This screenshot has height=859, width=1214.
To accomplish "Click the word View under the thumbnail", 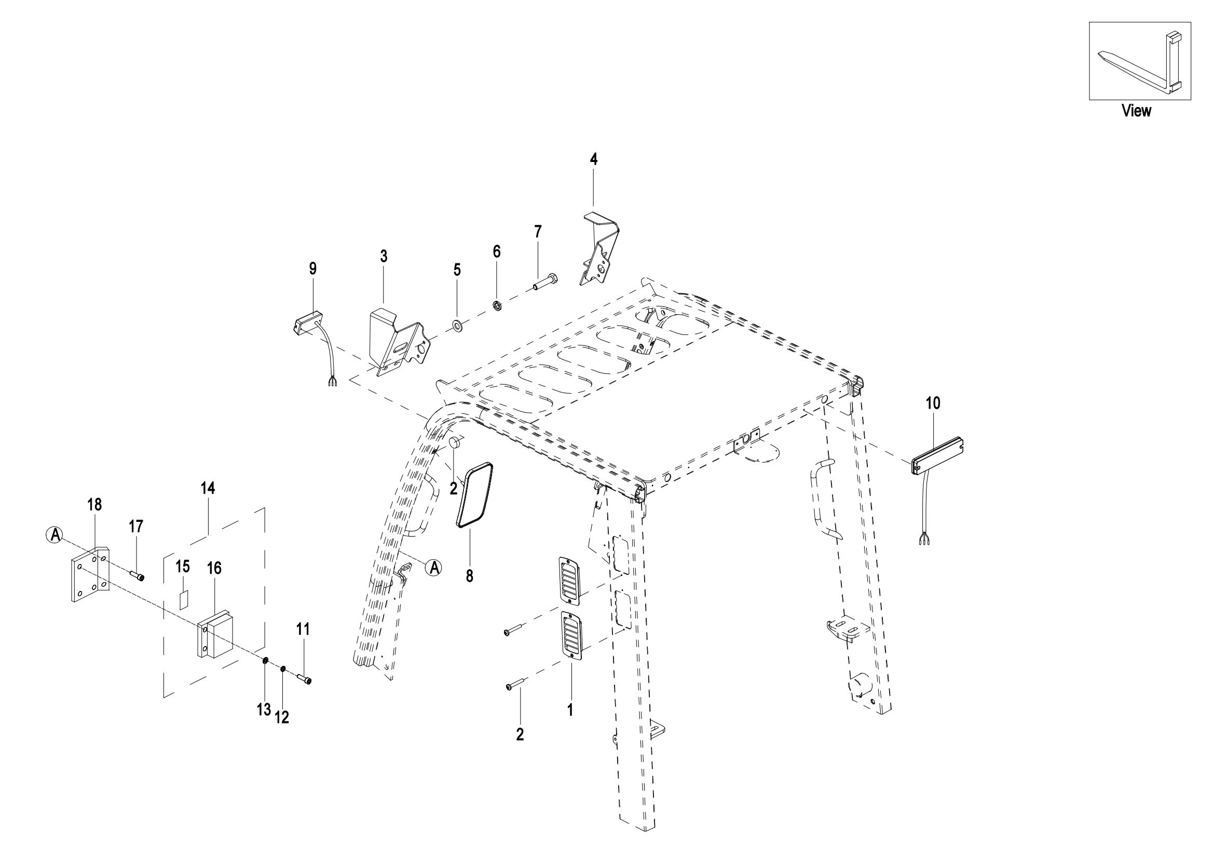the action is click(1136, 111).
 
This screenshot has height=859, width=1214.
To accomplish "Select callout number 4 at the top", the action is click(594, 159).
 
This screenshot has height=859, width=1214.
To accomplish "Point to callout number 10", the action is click(933, 403).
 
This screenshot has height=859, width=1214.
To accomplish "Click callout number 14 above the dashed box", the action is click(208, 488).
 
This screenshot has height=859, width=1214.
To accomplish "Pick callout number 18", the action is click(94, 505).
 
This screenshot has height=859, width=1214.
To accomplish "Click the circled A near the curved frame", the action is click(434, 568).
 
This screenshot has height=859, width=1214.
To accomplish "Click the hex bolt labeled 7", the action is click(544, 283).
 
